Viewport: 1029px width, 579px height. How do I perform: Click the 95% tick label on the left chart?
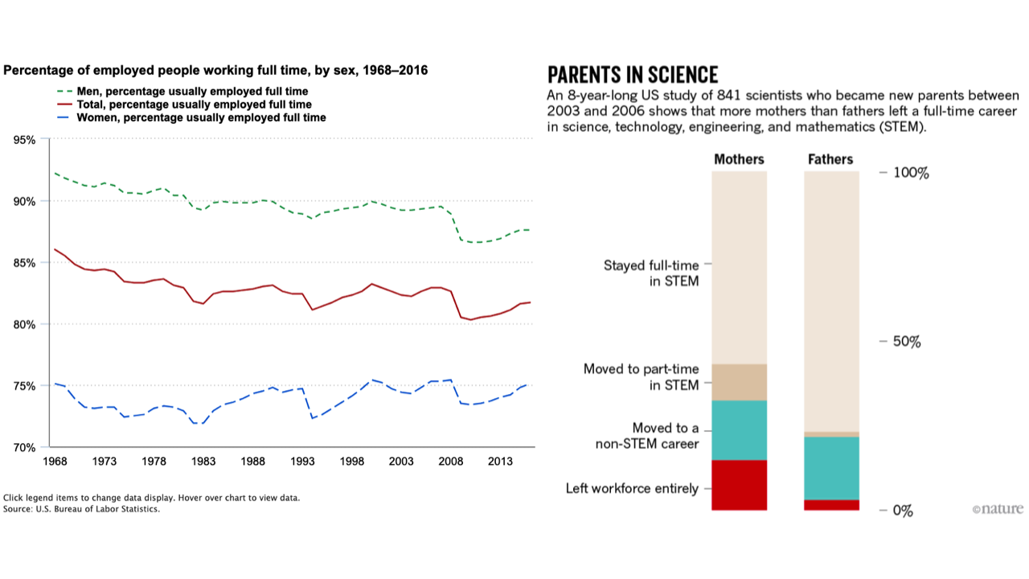[x=24, y=140]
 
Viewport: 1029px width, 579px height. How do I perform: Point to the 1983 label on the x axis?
[x=203, y=461]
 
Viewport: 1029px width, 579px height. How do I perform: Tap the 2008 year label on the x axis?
[x=451, y=461]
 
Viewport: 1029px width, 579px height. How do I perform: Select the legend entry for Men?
[x=182, y=92]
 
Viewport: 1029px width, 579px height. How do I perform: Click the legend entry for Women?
[x=191, y=117]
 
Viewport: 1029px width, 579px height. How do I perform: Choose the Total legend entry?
[x=184, y=105]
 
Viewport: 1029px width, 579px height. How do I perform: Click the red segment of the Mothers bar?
[x=739, y=485]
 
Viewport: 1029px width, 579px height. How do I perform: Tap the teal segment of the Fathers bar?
[x=831, y=468]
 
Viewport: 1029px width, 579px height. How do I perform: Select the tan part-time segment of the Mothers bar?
[x=739, y=382]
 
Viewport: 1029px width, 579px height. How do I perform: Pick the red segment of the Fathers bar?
[x=831, y=505]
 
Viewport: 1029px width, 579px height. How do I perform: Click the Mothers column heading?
[x=739, y=159]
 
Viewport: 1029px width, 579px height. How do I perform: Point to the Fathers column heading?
[x=830, y=159]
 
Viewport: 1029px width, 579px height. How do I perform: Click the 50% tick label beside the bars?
[x=907, y=342]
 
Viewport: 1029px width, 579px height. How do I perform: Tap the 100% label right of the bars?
[x=911, y=173]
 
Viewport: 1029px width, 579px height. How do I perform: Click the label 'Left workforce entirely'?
[x=632, y=488]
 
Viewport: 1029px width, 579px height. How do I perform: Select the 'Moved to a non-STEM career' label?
[x=647, y=436]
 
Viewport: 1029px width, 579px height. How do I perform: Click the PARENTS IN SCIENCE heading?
[x=633, y=75]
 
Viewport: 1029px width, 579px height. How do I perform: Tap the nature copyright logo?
[x=998, y=509]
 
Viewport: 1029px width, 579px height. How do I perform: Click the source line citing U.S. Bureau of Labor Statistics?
[x=82, y=509]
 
